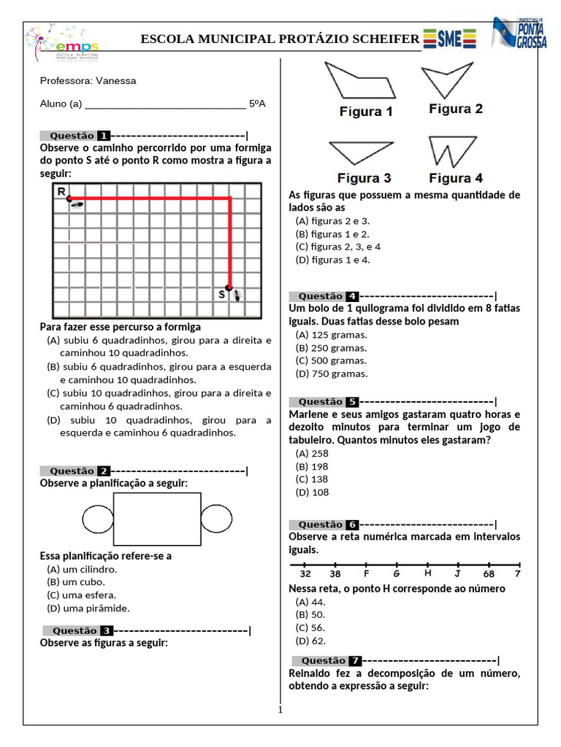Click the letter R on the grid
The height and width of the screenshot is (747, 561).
point(61,191)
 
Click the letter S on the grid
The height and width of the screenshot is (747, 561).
point(222,294)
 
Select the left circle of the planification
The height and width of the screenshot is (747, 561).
point(97,519)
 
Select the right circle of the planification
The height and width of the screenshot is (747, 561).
point(216,519)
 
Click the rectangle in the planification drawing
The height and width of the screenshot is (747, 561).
point(156,519)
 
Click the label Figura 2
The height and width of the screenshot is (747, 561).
point(455,109)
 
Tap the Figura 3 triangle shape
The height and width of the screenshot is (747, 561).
point(362,153)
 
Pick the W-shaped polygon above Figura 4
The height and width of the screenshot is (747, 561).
point(455,152)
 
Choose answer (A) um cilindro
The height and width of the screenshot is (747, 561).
point(82,569)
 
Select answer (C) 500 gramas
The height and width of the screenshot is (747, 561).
point(331,360)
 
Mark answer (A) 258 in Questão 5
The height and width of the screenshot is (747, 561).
point(312,453)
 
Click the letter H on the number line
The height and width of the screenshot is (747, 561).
point(428,573)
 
